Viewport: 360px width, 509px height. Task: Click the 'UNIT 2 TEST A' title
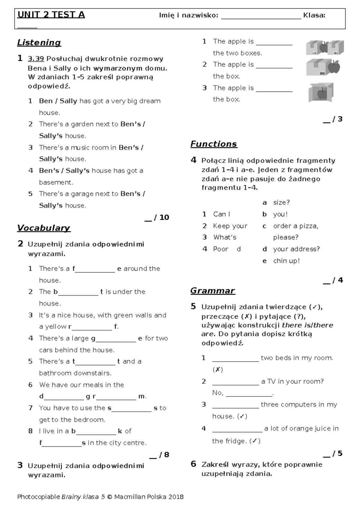[51, 15]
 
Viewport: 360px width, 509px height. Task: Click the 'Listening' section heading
[39, 43]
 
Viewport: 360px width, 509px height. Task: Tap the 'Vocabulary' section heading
[43, 228]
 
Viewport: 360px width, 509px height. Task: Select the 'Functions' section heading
[214, 144]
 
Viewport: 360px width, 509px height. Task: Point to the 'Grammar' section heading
[212, 291]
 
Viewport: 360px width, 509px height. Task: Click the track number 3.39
[36, 59]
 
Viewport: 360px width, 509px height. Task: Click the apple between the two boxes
[324, 47]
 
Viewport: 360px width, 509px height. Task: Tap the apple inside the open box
[322, 94]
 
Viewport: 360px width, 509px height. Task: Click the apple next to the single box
[334, 67]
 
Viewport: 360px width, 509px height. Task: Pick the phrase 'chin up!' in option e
[286, 261]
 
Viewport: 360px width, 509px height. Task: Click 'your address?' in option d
[296, 249]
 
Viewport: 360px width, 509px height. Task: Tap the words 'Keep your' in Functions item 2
[230, 226]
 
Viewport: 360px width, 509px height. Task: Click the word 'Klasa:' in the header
[314, 15]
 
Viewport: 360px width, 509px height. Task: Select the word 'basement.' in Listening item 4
[56, 182]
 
